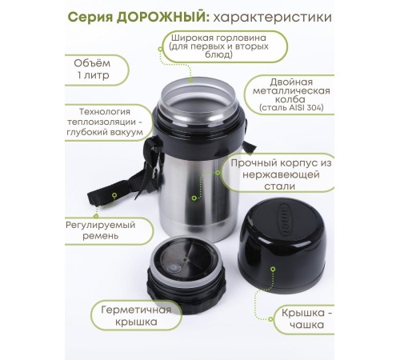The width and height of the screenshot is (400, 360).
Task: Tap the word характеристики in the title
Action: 273,18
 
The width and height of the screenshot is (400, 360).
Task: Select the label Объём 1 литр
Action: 93,70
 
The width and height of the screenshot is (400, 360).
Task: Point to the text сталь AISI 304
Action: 291,107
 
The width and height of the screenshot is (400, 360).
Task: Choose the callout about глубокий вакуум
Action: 105,122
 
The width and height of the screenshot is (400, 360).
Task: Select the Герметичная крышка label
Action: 136,316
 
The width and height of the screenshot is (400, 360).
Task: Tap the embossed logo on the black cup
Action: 284,221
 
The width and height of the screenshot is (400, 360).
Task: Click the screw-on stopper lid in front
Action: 186,274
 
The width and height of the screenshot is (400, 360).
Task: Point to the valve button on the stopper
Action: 173,268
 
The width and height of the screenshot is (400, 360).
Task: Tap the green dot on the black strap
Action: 114,195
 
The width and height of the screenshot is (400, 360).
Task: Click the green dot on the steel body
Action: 194,198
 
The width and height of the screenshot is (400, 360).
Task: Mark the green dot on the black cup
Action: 273,270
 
